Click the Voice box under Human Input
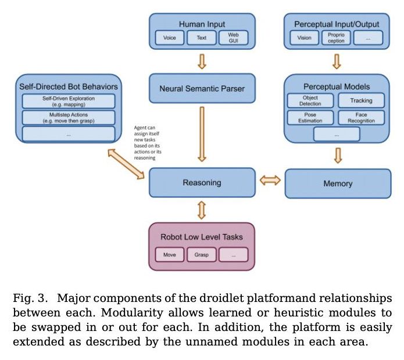tap(170, 38)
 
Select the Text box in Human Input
tap(201, 38)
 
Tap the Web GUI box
tap(233, 38)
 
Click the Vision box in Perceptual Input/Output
tap(304, 38)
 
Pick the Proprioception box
tap(336, 38)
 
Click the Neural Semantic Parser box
tap(202, 89)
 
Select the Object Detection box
tap(311, 100)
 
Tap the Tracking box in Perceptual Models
tap(361, 100)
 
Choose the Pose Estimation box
tap(311, 118)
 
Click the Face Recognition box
tap(361, 118)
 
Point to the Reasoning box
tap(202, 182)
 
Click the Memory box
tap(338, 183)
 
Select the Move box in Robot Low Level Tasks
tap(170, 254)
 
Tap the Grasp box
tap(201, 254)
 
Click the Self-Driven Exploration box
tap(69, 102)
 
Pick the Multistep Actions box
tap(69, 118)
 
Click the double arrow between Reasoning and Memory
tap(270, 182)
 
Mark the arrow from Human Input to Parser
tap(202, 61)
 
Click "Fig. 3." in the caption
tap(30, 298)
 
